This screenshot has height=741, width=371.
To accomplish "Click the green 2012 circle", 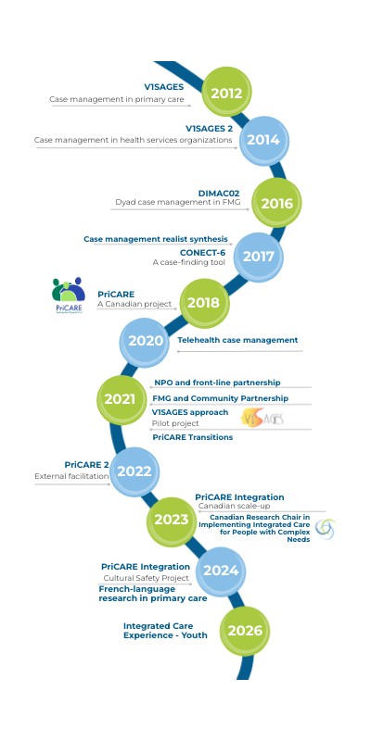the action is (226, 92).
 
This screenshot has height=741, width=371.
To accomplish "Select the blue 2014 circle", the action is (263, 141).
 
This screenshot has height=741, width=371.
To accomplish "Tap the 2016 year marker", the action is (276, 203).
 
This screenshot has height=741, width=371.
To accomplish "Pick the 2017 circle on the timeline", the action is (259, 257).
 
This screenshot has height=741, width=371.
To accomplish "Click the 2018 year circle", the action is (204, 303).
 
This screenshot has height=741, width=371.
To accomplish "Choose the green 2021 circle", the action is (122, 399).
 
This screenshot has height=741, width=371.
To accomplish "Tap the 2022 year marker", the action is (134, 471).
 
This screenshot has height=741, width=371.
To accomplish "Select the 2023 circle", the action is (172, 520).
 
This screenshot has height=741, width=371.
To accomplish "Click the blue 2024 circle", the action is (220, 571).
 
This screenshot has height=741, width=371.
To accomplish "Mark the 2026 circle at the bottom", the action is (245, 631).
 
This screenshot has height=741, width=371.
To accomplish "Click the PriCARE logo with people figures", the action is (69, 295).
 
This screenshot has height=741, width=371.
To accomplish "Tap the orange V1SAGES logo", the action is (262, 418).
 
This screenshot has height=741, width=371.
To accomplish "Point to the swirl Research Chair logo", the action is (326, 529).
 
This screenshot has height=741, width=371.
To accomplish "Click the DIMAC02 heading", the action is (219, 194).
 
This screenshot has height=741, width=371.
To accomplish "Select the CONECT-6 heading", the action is (202, 253).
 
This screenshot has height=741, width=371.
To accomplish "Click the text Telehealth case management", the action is (237, 340).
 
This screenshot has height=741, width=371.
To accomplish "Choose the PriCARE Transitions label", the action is (193, 437).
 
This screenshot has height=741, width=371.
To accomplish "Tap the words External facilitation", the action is (72, 476).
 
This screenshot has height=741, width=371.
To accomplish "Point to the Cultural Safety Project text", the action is (147, 578).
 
